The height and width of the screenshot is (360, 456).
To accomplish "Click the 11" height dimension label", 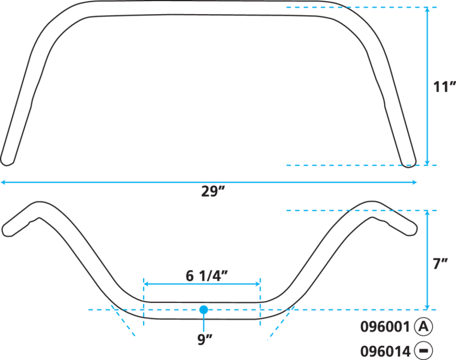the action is tap(445, 87).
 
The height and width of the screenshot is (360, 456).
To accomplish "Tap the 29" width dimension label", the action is tap(213, 192).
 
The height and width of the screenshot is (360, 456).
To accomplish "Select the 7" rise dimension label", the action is tap(440, 264).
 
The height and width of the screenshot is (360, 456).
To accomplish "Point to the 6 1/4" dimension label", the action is tap(206, 276).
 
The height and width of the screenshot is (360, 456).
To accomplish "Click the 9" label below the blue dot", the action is tap(205, 339).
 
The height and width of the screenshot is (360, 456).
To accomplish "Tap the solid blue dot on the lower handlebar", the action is tap(203, 310).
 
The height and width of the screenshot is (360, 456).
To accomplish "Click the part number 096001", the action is tap(385, 327).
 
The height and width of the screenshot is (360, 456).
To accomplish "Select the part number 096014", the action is tap(385, 351).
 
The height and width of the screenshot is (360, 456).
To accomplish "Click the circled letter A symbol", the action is tap(424, 326).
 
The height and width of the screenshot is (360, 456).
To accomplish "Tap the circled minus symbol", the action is tap(424, 351).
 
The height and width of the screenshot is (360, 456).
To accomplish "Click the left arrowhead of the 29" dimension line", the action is tap(3, 183).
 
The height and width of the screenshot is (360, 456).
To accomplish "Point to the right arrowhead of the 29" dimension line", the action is tap(415, 183).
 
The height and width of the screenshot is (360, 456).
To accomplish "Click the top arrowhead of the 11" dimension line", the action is tap(427, 9).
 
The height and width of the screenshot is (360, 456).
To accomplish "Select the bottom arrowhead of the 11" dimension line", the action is tap(427, 163).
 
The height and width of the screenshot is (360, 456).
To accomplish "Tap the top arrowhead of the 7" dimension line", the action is tap(427, 212).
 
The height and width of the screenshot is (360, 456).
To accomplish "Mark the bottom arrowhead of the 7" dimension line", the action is tap(427, 308).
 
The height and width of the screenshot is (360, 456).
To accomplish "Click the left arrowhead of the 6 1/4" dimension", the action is tap(146, 284).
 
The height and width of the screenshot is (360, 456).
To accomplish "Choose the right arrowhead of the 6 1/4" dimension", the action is tap(258, 284).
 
